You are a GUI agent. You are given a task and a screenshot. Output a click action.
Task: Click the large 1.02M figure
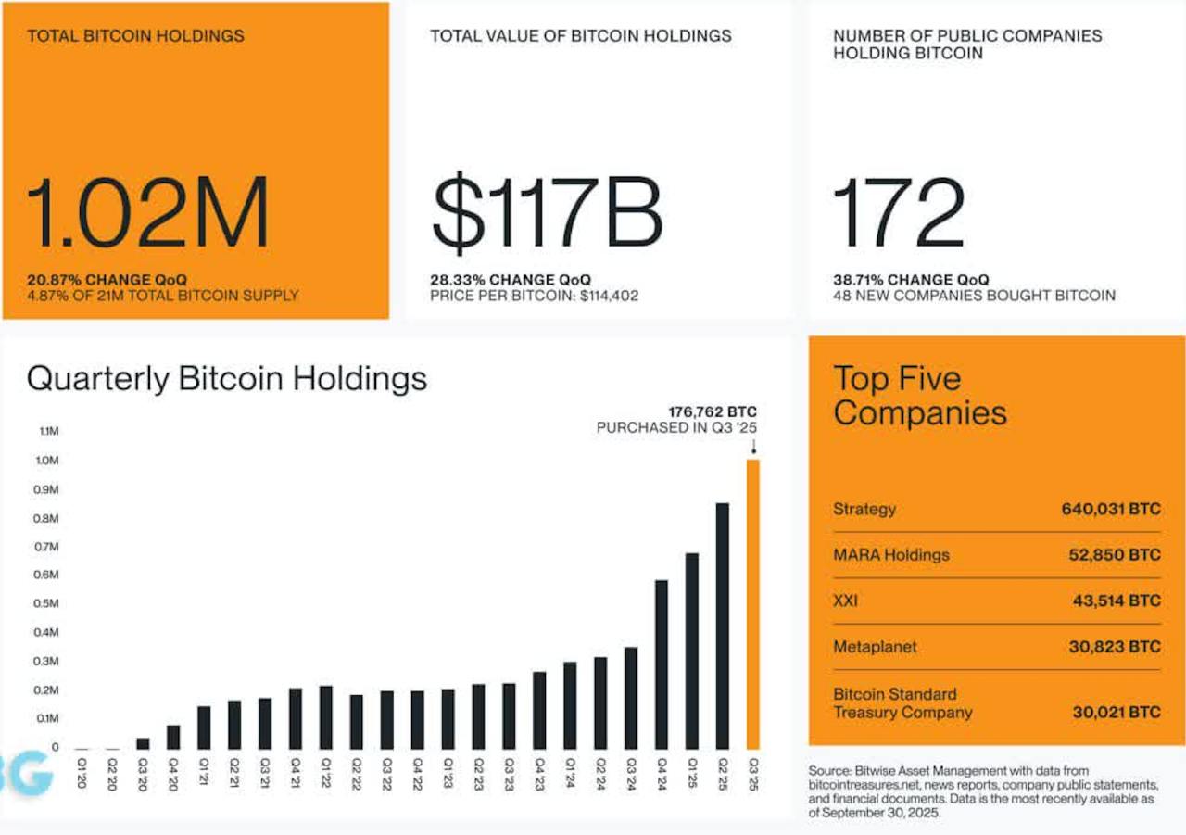[148, 216]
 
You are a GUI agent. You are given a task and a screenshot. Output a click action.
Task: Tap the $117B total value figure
[547, 216]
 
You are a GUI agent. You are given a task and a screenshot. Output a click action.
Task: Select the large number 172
[899, 216]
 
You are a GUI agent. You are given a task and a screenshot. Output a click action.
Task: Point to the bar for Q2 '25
[722, 626]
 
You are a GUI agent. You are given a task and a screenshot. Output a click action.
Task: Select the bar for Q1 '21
[204, 727]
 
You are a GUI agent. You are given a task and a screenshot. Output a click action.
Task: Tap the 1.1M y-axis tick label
[48, 432]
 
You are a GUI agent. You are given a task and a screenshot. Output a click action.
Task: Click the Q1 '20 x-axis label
[82, 772]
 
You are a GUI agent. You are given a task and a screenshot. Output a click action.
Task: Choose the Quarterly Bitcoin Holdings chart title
[227, 378]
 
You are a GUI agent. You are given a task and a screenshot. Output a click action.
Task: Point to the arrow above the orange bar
[752, 448]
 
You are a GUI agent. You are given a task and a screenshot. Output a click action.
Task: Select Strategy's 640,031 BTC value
[1110, 509]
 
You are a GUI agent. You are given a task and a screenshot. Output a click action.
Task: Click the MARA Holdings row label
[891, 555]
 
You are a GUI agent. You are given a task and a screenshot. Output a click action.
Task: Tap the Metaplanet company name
[875, 647]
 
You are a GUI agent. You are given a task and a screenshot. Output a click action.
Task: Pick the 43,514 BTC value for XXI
[1115, 601]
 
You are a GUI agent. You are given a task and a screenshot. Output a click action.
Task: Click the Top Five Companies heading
[919, 395]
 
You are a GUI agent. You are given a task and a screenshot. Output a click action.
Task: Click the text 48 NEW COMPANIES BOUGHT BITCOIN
[974, 296]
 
